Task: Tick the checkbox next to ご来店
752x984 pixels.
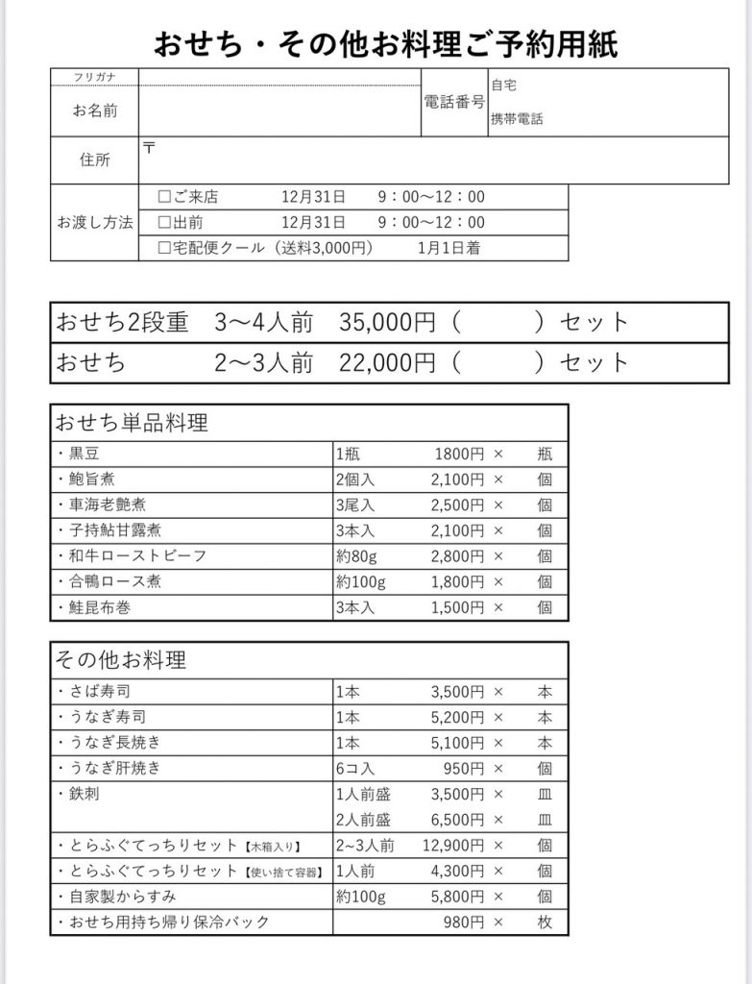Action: (164, 198)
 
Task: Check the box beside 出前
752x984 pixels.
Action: (164, 223)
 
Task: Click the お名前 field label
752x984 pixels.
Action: (95, 111)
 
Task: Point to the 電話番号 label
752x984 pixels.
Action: (453, 102)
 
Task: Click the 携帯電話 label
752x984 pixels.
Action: (517, 120)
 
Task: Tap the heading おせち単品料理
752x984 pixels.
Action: (132, 423)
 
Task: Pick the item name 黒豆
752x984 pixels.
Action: (84, 454)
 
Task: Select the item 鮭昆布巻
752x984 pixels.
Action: (97, 607)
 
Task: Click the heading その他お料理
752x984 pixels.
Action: (121, 660)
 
